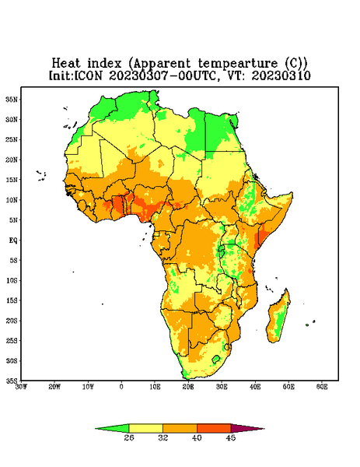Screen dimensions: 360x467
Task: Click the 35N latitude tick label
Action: tap(12, 100)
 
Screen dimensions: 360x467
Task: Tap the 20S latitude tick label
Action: tap(12, 321)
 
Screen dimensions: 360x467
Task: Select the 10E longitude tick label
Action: tap(155, 387)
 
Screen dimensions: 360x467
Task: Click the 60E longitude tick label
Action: tap(322, 387)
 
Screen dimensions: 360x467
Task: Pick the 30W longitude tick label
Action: tap(21, 387)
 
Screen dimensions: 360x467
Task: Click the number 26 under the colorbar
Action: tap(129, 437)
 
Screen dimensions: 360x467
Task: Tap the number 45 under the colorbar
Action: tap(231, 437)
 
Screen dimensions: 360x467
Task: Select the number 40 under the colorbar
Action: tap(197, 437)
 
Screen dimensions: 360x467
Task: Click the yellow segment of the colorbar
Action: tap(145, 428)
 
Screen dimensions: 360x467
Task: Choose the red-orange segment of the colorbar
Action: tap(214, 428)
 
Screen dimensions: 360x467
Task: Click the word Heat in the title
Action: tap(66, 64)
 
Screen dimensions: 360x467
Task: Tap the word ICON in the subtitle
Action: tap(88, 75)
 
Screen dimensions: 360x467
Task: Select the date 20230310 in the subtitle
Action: tap(281, 75)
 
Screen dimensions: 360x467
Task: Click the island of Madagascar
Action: tap(279, 318)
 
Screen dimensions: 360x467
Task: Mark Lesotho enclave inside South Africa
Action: tap(216, 359)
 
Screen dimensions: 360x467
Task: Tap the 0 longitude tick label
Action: tap(121, 387)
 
